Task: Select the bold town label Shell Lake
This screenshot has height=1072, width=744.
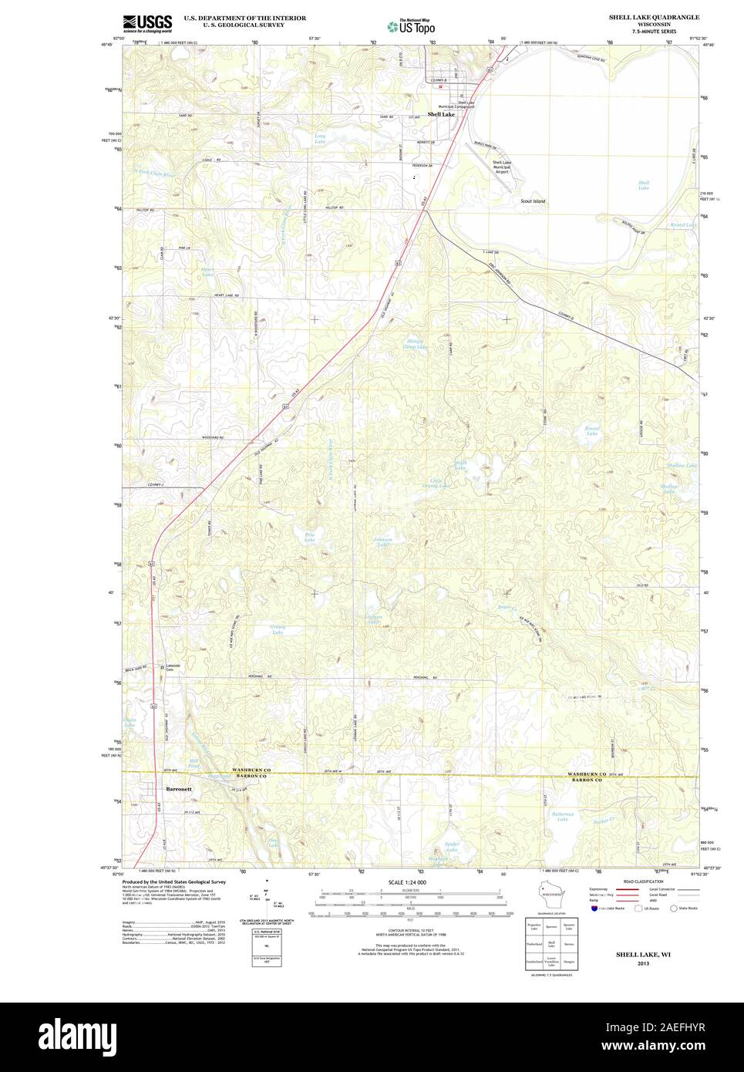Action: coord(441,114)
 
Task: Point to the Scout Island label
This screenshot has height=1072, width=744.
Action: coord(533,201)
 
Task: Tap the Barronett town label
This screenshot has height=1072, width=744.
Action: coord(179,789)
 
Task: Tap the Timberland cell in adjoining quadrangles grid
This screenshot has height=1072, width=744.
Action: coord(534,942)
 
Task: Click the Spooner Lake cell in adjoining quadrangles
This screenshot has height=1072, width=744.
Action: coord(569,925)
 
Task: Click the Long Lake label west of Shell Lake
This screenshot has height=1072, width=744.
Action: coord(319,139)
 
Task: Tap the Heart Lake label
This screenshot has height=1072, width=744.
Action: coord(207,271)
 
